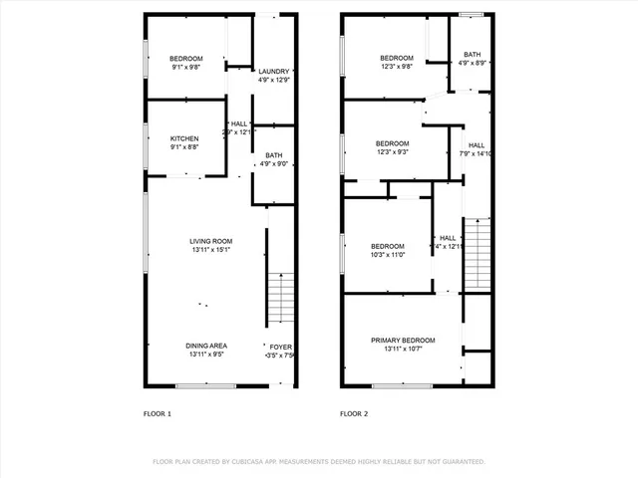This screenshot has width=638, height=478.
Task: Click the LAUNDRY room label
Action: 273,72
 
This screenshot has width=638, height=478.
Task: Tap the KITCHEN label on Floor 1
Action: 184,138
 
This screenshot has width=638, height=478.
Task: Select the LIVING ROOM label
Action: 211,241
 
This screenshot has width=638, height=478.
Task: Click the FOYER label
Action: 281,346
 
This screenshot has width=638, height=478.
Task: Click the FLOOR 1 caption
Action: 158,413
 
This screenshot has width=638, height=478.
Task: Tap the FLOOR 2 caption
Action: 354,413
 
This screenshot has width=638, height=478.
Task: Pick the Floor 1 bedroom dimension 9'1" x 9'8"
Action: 187,68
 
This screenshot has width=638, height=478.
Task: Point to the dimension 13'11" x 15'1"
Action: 210,250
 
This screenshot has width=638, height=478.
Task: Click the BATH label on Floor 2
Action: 472,55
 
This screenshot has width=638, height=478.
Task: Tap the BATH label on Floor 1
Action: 273,155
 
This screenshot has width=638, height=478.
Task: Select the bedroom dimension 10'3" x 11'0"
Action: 388,256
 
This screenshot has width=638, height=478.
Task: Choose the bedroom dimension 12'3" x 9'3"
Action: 395,152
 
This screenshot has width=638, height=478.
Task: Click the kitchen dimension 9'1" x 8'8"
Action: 184,147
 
